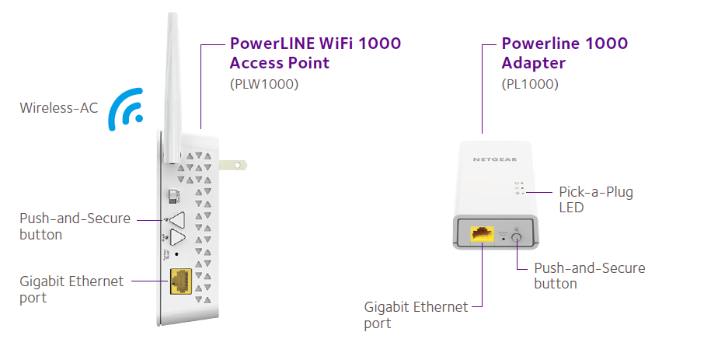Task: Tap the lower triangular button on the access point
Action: pos(178,238)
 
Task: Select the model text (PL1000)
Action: pos(530,83)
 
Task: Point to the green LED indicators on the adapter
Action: pos(520,189)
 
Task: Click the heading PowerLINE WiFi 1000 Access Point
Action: pos(315,53)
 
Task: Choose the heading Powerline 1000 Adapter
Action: pos(565,53)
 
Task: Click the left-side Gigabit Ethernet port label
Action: pos(71,288)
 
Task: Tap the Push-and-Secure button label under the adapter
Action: pos(589,275)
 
